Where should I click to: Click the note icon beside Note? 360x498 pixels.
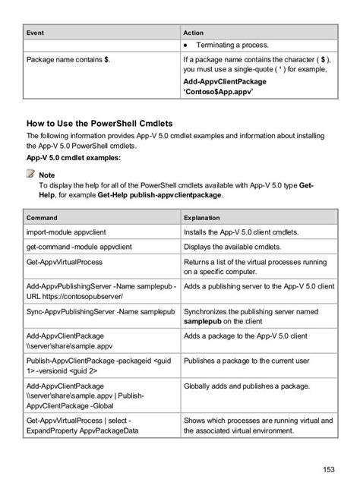[x=31, y=175]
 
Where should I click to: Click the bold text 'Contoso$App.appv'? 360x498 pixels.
[x=218, y=92]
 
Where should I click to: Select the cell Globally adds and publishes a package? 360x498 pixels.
[x=246, y=387]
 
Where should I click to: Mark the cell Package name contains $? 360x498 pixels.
[x=68, y=58]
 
